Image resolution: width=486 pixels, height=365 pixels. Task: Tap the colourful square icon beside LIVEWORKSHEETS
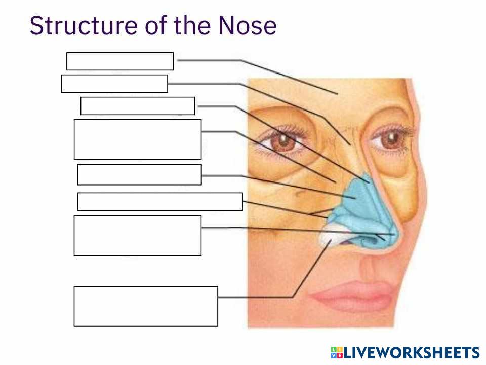337,353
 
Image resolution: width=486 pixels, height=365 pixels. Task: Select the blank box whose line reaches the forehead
120,61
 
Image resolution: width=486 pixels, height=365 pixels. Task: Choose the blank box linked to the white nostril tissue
146,306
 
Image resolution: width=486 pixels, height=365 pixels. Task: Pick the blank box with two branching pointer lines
159,201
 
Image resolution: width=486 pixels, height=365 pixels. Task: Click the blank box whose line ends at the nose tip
137,235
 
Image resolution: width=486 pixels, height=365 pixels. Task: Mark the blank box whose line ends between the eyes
114,84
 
